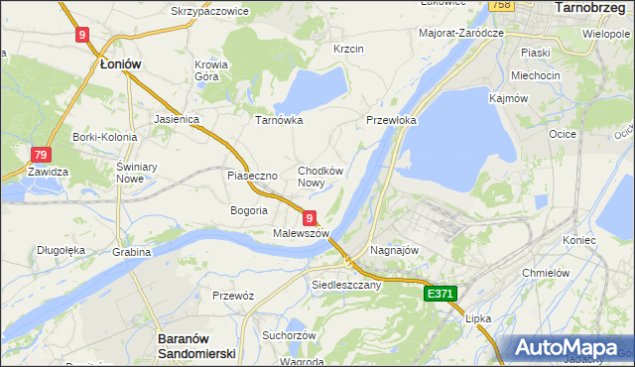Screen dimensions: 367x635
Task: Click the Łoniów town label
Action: [121, 63]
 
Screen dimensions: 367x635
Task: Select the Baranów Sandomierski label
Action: [195, 345]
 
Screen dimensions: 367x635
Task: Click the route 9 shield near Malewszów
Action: [310, 217]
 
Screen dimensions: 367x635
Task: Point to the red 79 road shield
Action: [41, 155]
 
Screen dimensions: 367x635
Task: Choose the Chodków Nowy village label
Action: [320, 177]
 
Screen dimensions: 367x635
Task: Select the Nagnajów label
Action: [391, 252]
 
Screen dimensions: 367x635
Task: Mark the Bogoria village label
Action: [249, 210]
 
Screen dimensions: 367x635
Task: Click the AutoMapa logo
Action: [569, 348]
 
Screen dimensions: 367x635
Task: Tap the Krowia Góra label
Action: [211, 70]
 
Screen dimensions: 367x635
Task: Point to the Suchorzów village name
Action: [289, 335]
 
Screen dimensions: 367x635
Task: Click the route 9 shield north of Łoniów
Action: [82, 35]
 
